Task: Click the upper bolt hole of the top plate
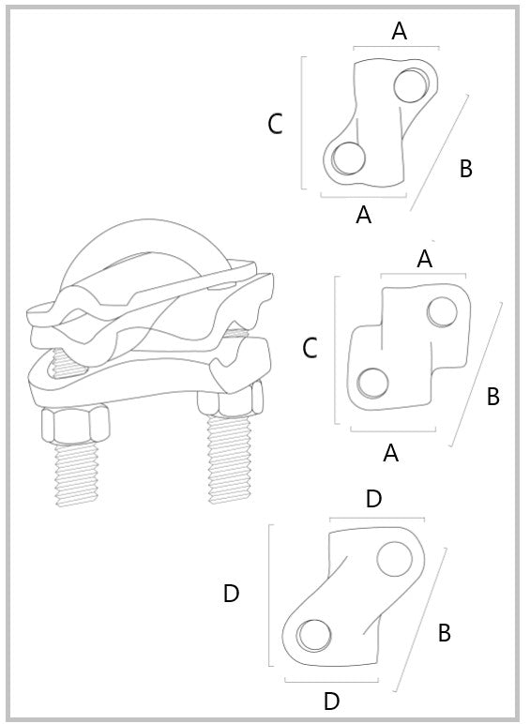coord(412,85)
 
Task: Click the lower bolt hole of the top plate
coord(349,158)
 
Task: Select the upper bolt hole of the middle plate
coord(442,311)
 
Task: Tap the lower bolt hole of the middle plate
coord(372,384)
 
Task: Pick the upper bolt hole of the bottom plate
coord(394,559)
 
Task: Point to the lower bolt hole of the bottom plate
coord(314,636)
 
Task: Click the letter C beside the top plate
coord(275,124)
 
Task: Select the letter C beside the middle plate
coord(310,348)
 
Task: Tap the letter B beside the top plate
coord(466,169)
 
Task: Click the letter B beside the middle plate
coord(493,396)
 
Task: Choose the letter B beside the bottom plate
coord(444,633)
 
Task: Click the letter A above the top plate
coord(400,31)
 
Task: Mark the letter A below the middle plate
coord(390,453)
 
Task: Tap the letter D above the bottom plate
coord(374,499)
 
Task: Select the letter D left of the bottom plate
coord(232,594)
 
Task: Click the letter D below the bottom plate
coord(331,701)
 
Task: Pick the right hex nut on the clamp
coord(231,400)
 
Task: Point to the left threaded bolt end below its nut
coord(77,475)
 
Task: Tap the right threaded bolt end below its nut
coord(230,460)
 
